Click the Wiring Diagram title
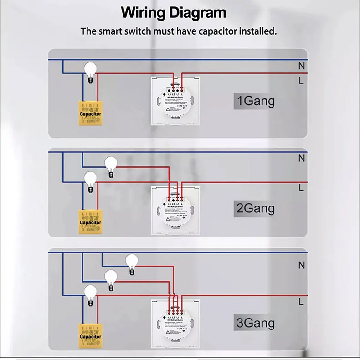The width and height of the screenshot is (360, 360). (x=173, y=12)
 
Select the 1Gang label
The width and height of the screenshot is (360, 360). (x=255, y=100)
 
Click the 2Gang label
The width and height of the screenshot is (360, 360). (x=255, y=208)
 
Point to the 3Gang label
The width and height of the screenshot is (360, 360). (x=255, y=323)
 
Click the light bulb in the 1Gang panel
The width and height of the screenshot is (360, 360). (x=91, y=70)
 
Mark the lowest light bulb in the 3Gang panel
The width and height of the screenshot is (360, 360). (x=90, y=293)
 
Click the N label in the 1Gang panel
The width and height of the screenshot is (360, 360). (x=301, y=66)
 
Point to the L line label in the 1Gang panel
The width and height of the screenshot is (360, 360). (x=301, y=81)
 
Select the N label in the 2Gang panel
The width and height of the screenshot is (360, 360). (x=301, y=159)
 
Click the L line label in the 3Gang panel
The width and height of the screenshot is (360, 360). (x=301, y=301)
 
